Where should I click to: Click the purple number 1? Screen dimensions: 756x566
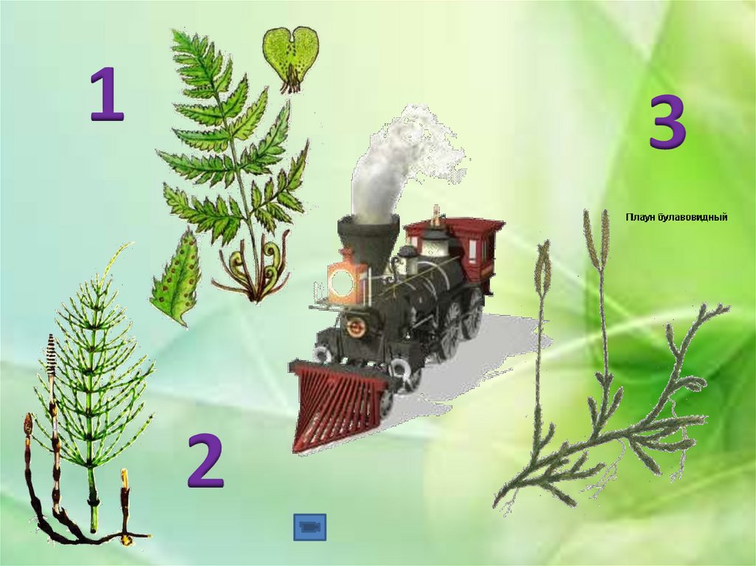pyautogui.click(x=107, y=94)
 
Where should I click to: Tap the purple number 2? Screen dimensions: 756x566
pyautogui.click(x=206, y=460)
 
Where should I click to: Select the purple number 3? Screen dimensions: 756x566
pyautogui.click(x=667, y=122)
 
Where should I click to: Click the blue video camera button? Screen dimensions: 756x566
pyautogui.click(x=309, y=527)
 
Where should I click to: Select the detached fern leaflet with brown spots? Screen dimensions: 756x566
pyautogui.click(x=176, y=277)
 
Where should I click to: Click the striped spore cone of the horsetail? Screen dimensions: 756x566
pyautogui.click(x=51, y=354)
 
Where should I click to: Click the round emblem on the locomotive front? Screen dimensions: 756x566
pyautogui.click(x=356, y=327)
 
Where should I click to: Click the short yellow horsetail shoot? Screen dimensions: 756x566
pyautogui.click(x=126, y=506)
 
